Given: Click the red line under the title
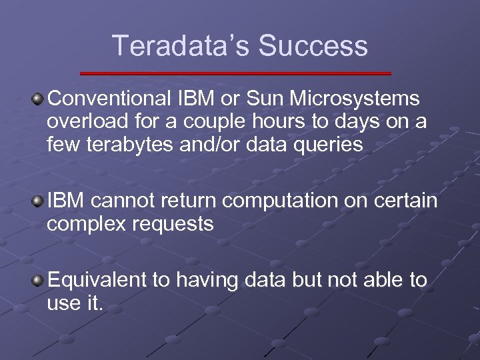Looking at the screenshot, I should click(x=235, y=73).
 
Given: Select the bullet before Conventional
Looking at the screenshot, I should click(x=39, y=100).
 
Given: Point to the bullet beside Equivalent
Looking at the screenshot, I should click(x=39, y=281).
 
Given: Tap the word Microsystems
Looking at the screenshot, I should click(x=359, y=99).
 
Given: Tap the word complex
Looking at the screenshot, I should click(x=85, y=224).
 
